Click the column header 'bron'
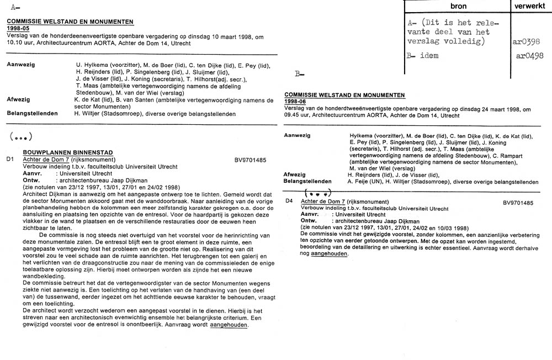(x=458, y=6)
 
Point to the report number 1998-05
(x=19, y=28)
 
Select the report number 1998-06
(x=296, y=102)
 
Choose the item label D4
(x=289, y=202)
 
